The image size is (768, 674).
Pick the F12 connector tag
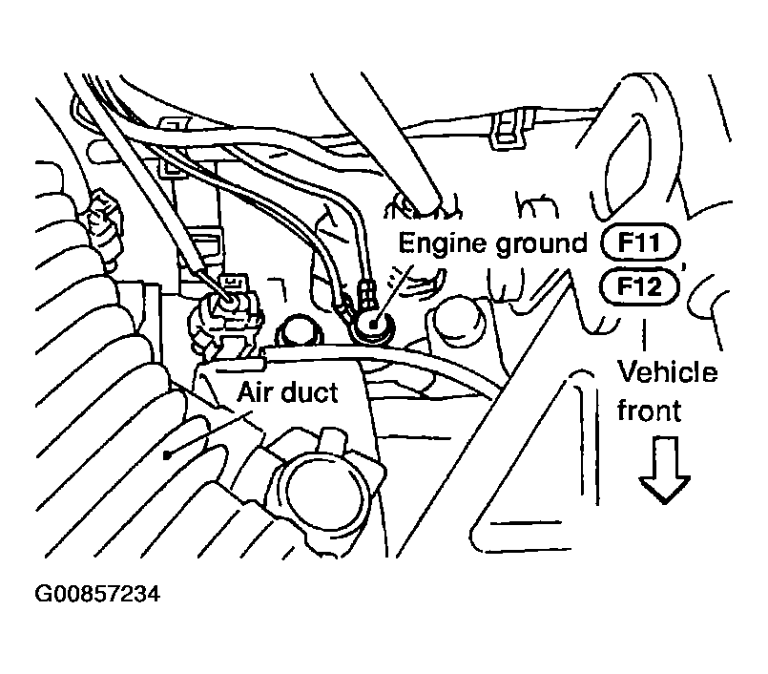pos(639,284)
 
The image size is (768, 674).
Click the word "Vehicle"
pos(668,371)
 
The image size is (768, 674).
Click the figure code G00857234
pos(96,595)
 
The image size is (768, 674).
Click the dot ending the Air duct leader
pos(168,455)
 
